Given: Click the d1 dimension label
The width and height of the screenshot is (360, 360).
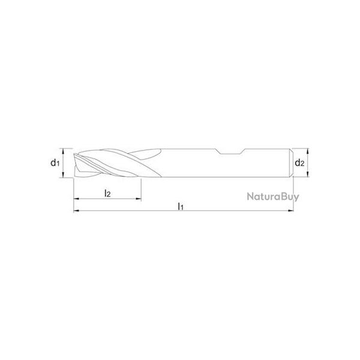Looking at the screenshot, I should pyautogui.click(x=55, y=163).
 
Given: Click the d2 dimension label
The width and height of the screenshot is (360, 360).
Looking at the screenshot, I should pyautogui.click(x=301, y=163).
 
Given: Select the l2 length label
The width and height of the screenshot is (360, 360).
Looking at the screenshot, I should pyautogui.click(x=107, y=193).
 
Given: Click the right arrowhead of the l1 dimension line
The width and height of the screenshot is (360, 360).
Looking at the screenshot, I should pyautogui.click(x=291, y=211).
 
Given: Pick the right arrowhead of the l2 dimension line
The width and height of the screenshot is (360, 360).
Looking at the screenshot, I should pyautogui.click(x=140, y=199).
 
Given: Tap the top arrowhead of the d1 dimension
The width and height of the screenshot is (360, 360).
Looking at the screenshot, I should pyautogui.click(x=67, y=150).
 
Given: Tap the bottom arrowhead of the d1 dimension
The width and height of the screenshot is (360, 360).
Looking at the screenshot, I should pyautogui.click(x=67, y=175).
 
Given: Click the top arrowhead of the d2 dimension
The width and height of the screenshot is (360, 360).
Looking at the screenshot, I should pyautogui.click(x=307, y=150).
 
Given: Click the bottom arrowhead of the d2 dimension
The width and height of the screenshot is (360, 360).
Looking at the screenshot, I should pyautogui.click(x=307, y=175).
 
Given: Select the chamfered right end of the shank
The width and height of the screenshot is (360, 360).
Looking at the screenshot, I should pyautogui.click(x=292, y=163).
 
